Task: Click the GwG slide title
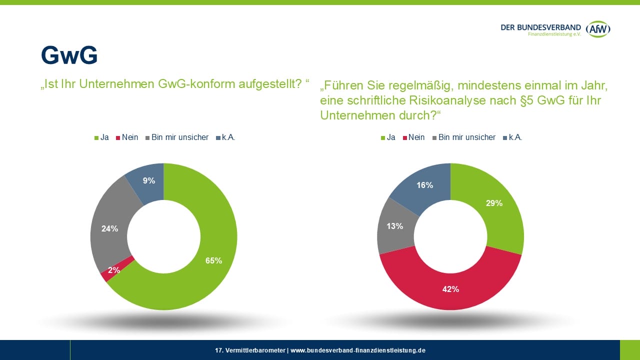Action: coord(69,56)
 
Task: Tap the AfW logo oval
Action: coord(598,29)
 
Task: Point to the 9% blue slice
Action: coord(148,181)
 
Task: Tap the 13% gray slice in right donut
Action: coord(394,226)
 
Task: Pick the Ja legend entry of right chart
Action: coord(388,137)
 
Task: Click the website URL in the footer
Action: coord(358,350)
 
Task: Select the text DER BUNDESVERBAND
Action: coord(540,27)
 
